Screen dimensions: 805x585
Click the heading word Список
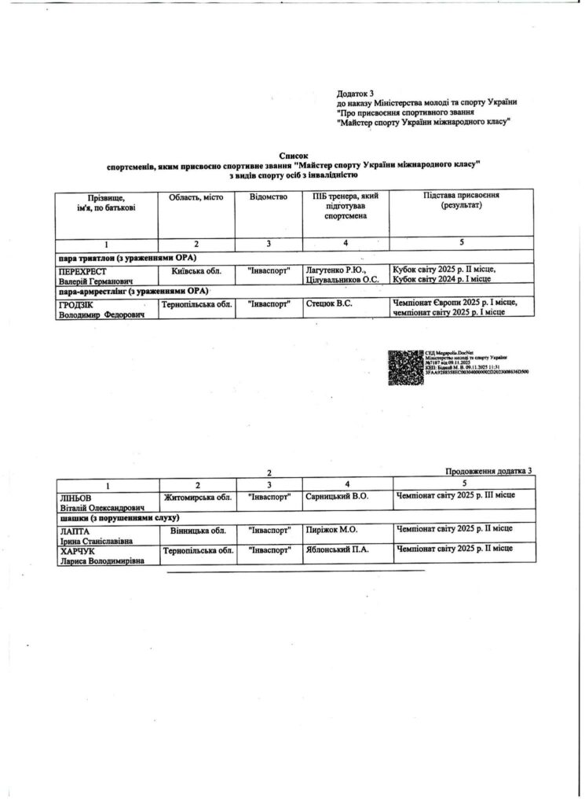[294, 156]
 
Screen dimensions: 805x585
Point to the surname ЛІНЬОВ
[76, 498]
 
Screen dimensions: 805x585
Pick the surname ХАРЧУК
[78, 552]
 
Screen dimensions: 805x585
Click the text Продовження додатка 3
[488, 471]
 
